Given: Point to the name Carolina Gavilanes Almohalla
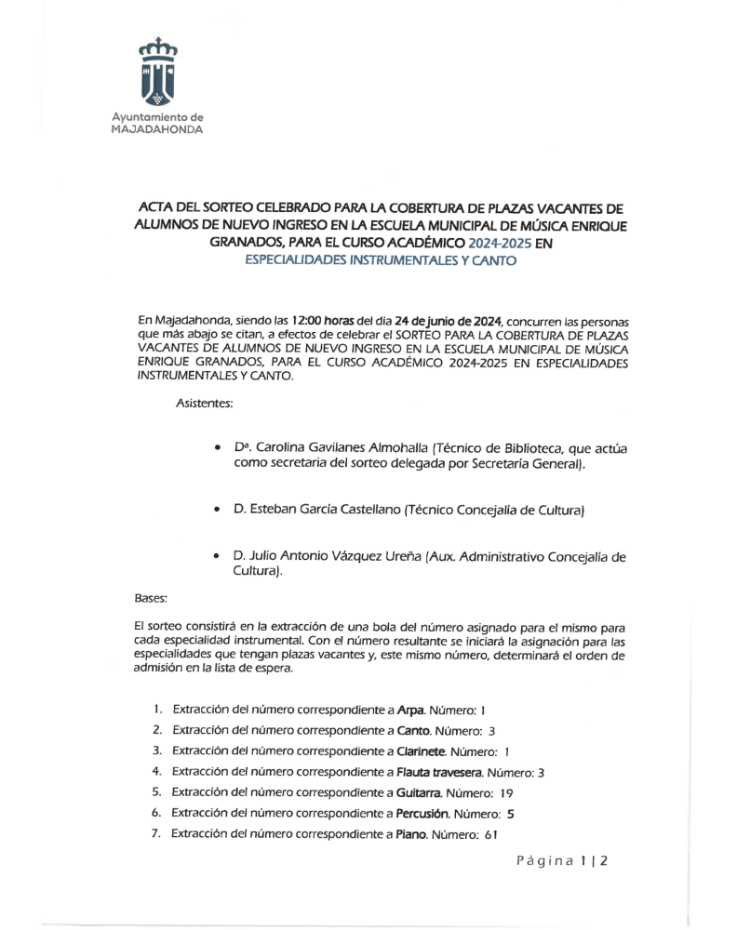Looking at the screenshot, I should (x=342, y=448).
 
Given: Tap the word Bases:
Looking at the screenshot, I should (x=152, y=600).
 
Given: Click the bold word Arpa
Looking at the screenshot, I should (x=409, y=710).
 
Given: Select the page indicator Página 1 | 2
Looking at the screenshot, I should (x=562, y=861).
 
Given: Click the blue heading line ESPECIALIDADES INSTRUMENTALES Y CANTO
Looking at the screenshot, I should (x=380, y=261).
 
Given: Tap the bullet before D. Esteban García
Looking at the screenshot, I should (x=217, y=511).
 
